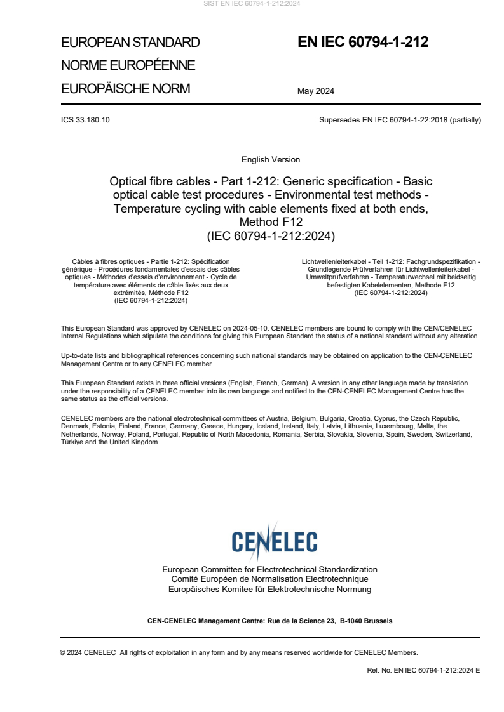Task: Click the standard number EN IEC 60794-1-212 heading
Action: [363, 43]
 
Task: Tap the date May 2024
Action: [316, 91]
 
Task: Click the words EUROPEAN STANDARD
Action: [130, 43]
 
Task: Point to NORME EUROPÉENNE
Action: [128, 65]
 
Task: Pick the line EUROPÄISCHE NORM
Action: [125, 89]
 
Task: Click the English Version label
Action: [271, 160]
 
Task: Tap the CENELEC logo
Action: [274, 541]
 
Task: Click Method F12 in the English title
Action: [271, 222]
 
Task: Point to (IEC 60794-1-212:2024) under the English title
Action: [271, 235]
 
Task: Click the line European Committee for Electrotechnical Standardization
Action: [269, 570]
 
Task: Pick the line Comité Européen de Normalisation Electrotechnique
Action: [269, 579]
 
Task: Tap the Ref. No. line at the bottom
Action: [423, 670]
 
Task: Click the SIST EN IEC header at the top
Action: [252, 4]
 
